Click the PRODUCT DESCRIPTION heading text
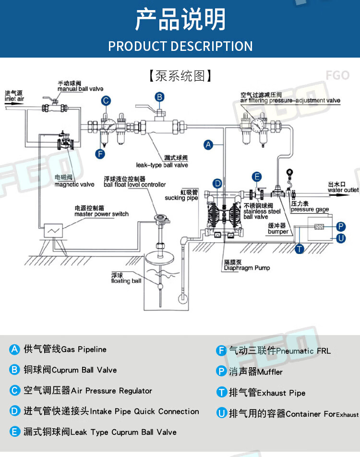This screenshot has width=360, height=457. tap(180, 46)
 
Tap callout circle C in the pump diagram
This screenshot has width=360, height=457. tap(106, 100)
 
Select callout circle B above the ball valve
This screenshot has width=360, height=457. tap(159, 97)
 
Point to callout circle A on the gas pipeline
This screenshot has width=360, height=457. tap(208, 144)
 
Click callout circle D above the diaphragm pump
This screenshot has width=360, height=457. tap(217, 183)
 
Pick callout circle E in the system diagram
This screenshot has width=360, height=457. tap(257, 177)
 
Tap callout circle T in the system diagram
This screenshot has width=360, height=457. tap(300, 248)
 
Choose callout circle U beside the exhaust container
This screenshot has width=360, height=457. tap(341, 238)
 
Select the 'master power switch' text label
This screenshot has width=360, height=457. tap(101, 214)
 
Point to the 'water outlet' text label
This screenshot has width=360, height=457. tap(343, 190)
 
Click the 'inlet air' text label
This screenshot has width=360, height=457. tap(14, 99)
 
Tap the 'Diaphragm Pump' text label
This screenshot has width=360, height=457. tap(247, 268)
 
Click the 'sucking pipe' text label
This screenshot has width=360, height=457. tap(181, 198)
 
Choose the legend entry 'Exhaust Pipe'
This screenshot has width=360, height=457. tap(281, 393)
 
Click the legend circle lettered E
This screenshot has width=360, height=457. tap(14, 432)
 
